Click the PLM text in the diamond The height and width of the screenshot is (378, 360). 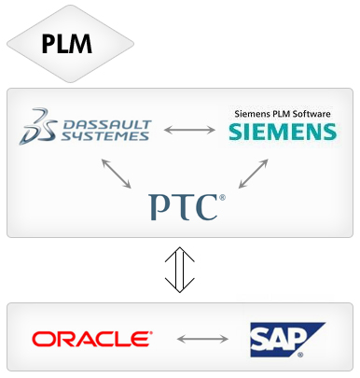(x=67, y=43)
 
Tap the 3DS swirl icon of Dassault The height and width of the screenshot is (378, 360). (x=38, y=126)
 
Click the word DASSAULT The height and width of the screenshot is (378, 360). (x=107, y=125)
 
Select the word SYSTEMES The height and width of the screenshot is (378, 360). (x=105, y=136)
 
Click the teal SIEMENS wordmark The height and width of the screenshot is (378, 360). (x=283, y=132)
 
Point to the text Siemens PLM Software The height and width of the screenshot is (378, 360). (x=283, y=114)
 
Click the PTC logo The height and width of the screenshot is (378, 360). (x=187, y=207)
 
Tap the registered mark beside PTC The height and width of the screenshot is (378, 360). (x=222, y=198)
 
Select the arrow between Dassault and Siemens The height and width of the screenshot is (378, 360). (x=189, y=130)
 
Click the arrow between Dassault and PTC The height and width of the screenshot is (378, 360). (x=117, y=174)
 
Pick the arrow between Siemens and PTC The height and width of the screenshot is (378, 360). (x=253, y=174)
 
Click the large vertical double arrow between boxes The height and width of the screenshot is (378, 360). (x=180, y=270)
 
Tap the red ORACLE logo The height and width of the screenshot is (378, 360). (x=92, y=339)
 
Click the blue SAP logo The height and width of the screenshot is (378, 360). (x=287, y=340)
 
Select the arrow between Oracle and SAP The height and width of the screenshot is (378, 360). (x=202, y=339)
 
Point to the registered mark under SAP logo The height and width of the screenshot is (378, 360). (x=300, y=355)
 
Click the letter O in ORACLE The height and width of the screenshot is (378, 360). (x=42, y=339)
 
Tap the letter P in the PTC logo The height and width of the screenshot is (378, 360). (x=160, y=207)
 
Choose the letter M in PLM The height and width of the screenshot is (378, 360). (x=80, y=43)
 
